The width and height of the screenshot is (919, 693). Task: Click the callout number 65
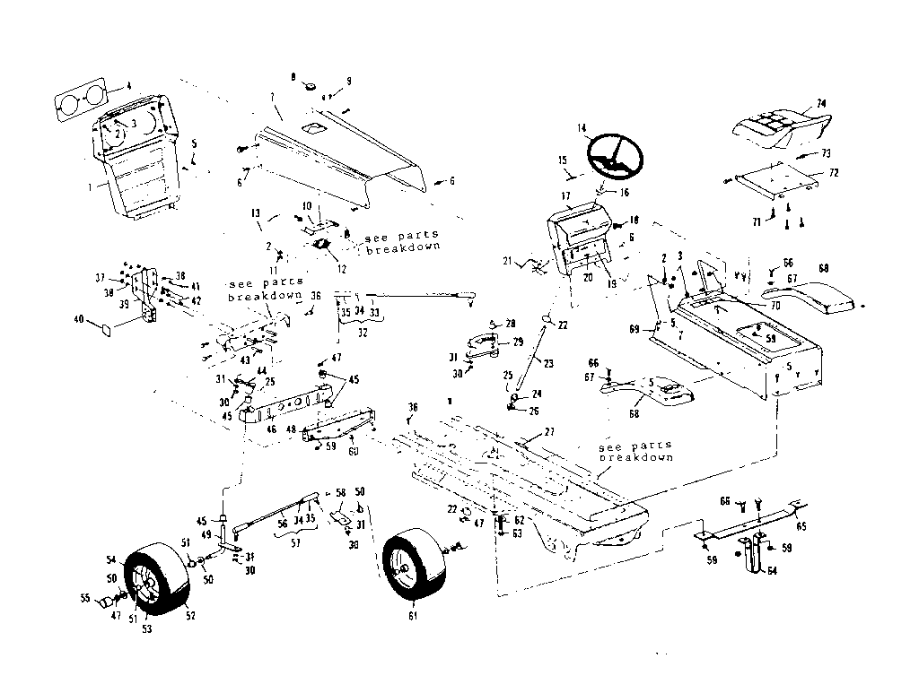(x=801, y=527)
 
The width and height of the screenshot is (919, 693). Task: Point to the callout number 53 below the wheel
(x=145, y=628)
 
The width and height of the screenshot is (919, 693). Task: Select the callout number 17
(x=565, y=195)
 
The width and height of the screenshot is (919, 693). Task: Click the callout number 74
(x=819, y=102)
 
